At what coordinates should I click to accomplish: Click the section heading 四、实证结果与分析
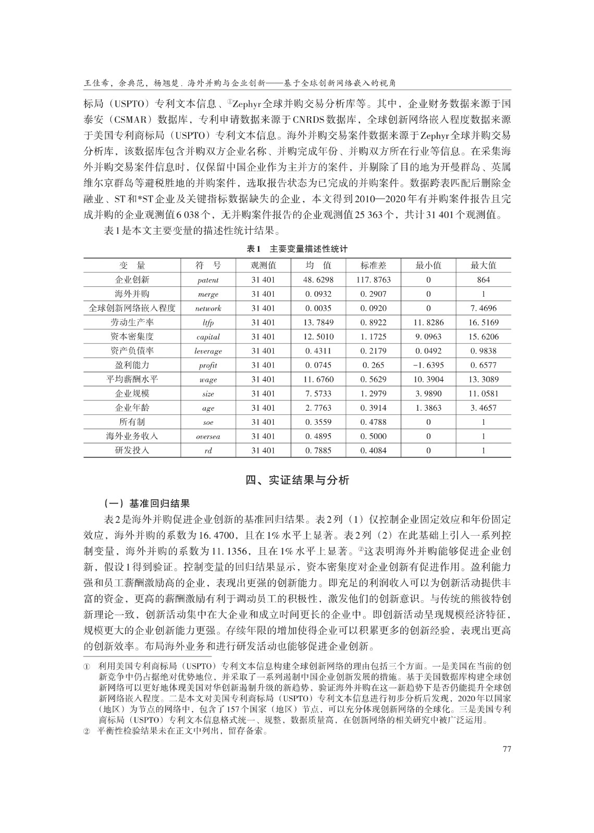coord(297,479)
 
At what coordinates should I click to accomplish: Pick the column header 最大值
coord(483,265)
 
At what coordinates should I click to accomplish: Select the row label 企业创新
coord(132,280)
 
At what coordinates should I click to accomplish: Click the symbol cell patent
coord(208,280)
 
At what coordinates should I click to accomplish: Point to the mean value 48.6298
coord(318,280)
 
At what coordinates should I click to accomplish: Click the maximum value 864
coord(483,280)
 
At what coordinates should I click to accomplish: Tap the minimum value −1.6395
coord(428,365)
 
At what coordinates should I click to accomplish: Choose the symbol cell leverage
coord(208,351)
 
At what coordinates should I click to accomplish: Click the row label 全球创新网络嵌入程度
coord(132,308)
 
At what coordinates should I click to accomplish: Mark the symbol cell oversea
coord(208,436)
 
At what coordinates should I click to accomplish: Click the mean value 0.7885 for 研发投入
coord(318,450)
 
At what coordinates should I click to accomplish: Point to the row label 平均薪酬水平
coord(132,379)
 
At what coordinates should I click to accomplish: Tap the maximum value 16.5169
coord(483,322)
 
